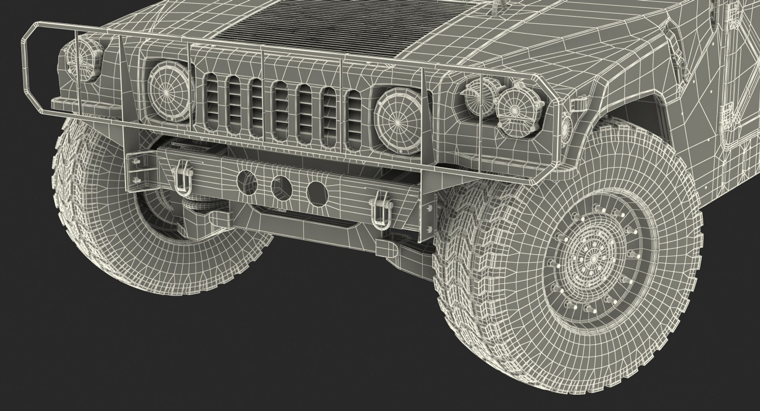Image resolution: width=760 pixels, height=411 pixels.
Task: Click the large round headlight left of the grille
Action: click(x=169, y=92)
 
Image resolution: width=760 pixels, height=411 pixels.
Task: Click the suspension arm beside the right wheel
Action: click(x=404, y=248)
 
